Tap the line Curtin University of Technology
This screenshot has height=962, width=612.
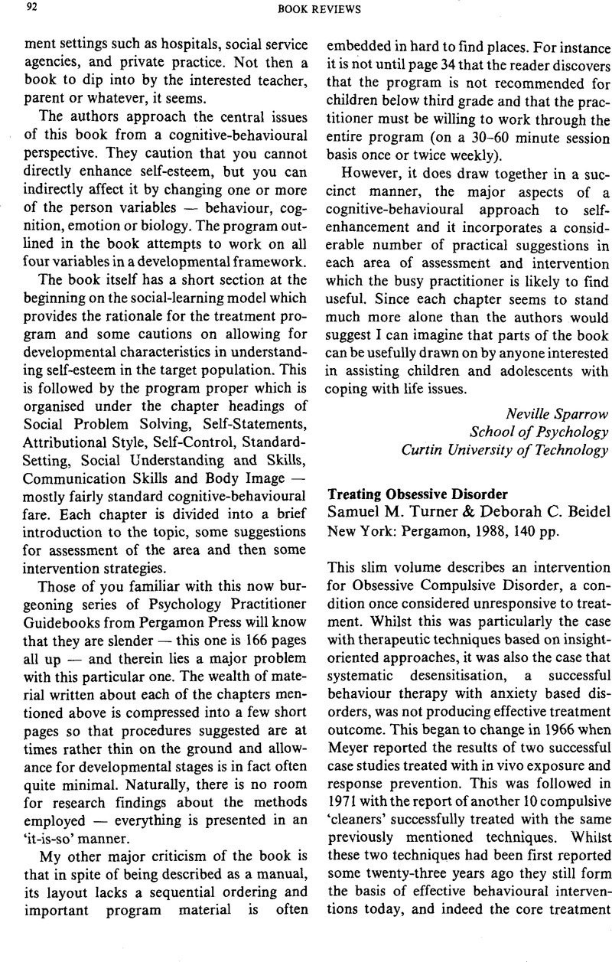pos(506,449)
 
